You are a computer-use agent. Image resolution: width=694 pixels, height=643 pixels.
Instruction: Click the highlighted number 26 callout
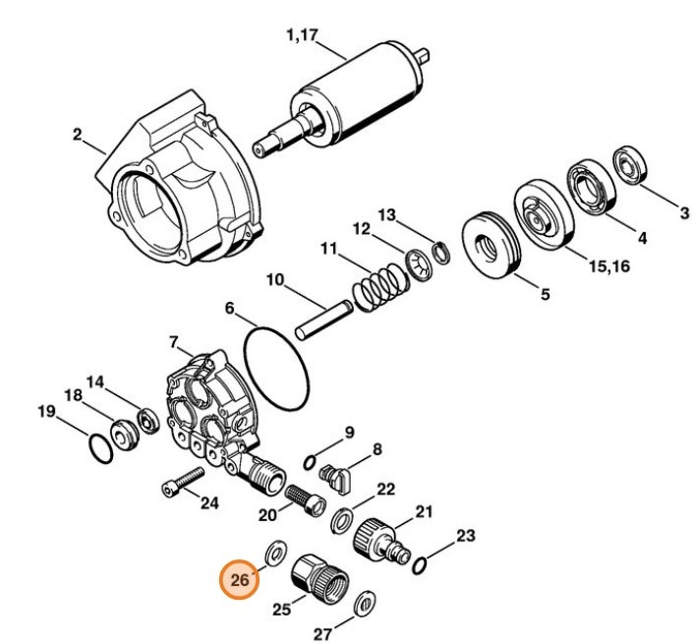(240, 579)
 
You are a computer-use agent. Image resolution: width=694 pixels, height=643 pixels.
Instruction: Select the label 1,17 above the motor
(302, 37)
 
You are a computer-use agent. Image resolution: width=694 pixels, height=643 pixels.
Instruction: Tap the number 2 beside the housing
(77, 134)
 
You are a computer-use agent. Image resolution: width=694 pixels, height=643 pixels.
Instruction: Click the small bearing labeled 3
(628, 163)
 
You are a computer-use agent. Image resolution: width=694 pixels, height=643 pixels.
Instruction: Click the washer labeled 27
(365, 601)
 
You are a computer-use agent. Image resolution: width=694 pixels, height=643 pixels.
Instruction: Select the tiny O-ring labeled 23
(420, 565)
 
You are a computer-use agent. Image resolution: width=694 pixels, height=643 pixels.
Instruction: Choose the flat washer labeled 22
(345, 518)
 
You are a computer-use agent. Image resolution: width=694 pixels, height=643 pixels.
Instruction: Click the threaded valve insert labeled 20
(303, 497)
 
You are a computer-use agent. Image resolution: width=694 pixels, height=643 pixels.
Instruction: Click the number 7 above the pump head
(174, 343)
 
